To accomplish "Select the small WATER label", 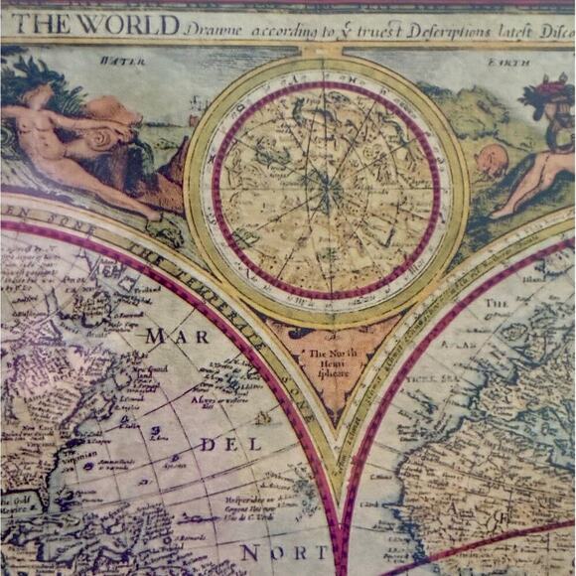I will [x=116, y=61].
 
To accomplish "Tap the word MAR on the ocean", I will [x=164, y=336].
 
